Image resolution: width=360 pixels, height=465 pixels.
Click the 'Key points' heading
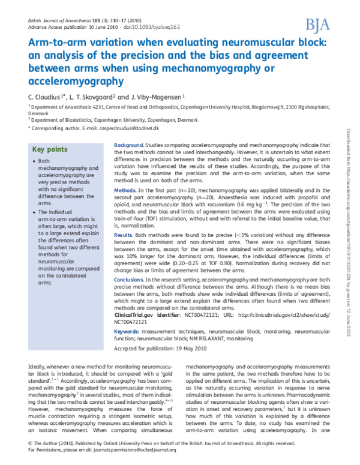[49, 149]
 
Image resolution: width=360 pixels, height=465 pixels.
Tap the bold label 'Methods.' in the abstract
[125, 190]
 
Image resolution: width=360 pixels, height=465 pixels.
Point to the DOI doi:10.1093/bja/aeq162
[128, 27]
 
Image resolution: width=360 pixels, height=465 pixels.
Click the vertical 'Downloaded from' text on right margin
[349, 147]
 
